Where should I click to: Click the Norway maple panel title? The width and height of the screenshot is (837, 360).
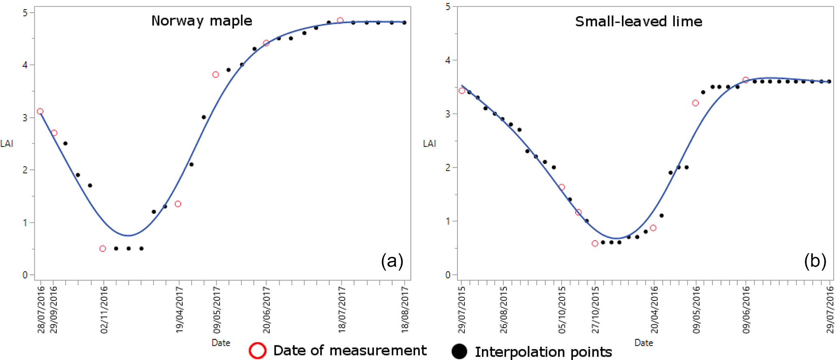[x=202, y=21]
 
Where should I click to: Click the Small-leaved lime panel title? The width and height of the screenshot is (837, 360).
[x=639, y=21]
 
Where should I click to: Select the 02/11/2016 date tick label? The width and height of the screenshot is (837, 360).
[x=104, y=310]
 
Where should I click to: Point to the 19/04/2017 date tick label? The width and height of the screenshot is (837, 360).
[x=179, y=310]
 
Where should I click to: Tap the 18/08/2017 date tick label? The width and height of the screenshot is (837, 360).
[x=405, y=310]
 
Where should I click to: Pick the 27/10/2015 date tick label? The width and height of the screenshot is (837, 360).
[x=595, y=310]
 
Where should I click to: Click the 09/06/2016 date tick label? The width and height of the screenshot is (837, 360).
[x=746, y=310]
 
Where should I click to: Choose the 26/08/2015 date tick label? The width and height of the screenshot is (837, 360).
[x=503, y=310]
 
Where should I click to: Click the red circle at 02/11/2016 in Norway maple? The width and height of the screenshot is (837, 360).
[x=102, y=249]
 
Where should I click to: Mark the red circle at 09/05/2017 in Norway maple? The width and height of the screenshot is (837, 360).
[x=215, y=75]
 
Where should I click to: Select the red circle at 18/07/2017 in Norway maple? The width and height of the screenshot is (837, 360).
[x=340, y=20]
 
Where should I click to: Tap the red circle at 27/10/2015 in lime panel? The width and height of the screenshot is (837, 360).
[x=595, y=243]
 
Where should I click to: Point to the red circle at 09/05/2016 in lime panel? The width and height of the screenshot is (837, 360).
[x=695, y=103]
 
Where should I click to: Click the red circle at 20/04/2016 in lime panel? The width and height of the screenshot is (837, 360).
[x=653, y=228]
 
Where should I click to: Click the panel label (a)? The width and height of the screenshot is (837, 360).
[x=392, y=261]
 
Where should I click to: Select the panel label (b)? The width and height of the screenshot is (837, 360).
[x=815, y=261]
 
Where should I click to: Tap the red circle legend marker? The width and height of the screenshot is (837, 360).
[x=258, y=351]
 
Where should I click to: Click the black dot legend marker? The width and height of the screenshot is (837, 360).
[x=459, y=351]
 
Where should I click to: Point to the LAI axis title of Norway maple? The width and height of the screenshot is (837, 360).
[x=7, y=143]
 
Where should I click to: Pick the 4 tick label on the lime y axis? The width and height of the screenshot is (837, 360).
[x=447, y=60]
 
